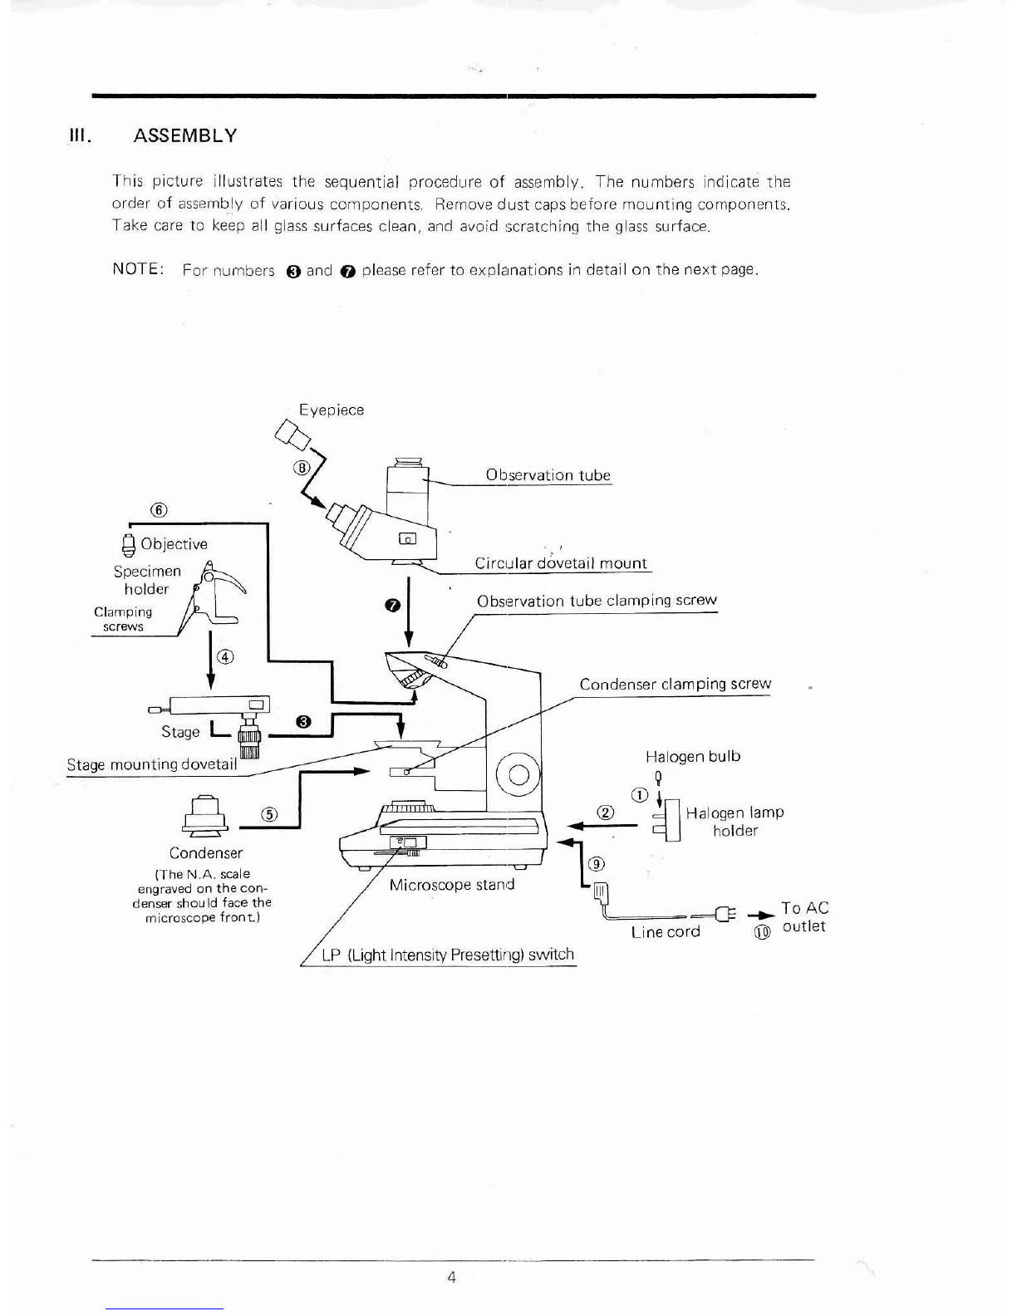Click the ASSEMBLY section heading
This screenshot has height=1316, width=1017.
coord(185,135)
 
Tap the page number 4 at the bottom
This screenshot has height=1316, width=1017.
coord(451,1278)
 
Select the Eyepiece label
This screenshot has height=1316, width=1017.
coord(332,410)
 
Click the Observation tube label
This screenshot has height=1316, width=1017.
coord(548,475)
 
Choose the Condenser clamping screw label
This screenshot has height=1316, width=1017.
coord(675,684)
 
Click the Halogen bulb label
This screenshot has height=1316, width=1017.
coord(692,757)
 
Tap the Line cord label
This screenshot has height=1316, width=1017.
coord(665,931)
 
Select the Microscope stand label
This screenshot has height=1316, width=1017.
coord(451,885)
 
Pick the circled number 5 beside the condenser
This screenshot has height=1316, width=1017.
coord(268,814)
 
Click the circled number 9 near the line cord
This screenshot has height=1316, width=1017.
coord(595,863)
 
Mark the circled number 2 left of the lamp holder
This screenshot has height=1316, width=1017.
coord(606,813)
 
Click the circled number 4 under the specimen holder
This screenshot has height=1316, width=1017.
coord(224,658)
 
